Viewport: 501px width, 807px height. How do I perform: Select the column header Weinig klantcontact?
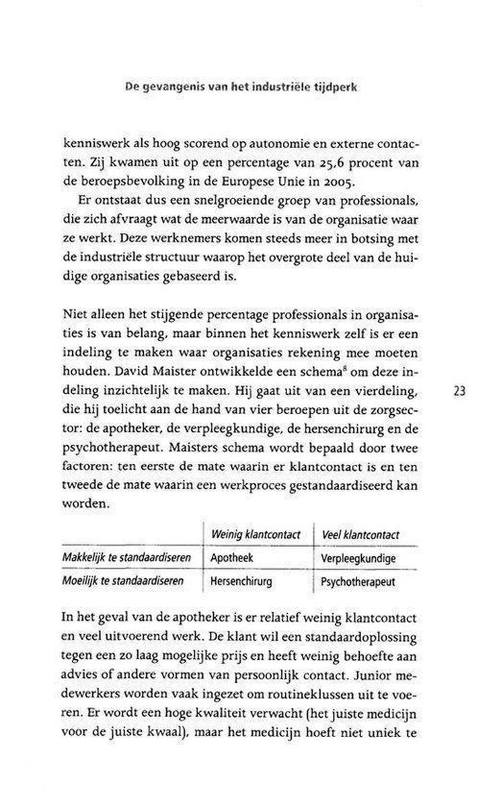pyautogui.click(x=255, y=535)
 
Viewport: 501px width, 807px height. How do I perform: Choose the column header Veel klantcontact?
pyautogui.click(x=360, y=535)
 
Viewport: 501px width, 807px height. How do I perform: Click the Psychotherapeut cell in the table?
pyautogui.click(x=359, y=581)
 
